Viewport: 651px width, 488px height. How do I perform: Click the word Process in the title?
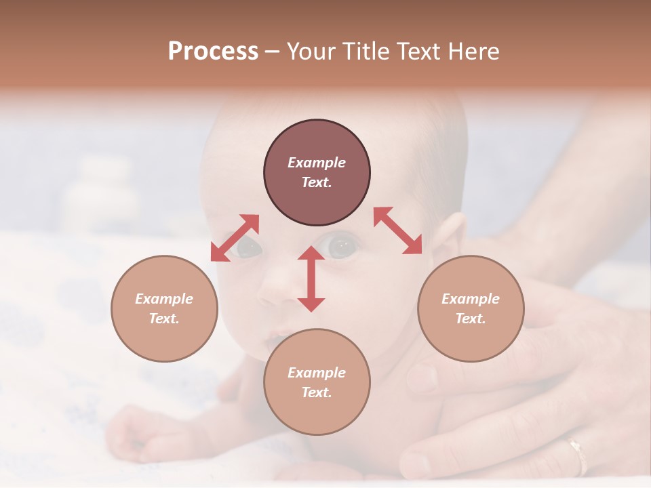click(213, 52)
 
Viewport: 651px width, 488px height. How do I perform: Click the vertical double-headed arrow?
click(311, 279)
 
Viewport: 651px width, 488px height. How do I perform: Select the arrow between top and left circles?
click(235, 238)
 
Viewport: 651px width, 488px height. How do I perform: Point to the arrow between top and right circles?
click(398, 230)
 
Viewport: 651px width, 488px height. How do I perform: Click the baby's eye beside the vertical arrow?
click(342, 246)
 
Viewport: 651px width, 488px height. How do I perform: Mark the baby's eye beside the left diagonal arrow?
click(248, 248)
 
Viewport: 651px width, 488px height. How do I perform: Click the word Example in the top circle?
click(317, 163)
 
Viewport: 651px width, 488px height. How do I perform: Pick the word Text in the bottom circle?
click(315, 392)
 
